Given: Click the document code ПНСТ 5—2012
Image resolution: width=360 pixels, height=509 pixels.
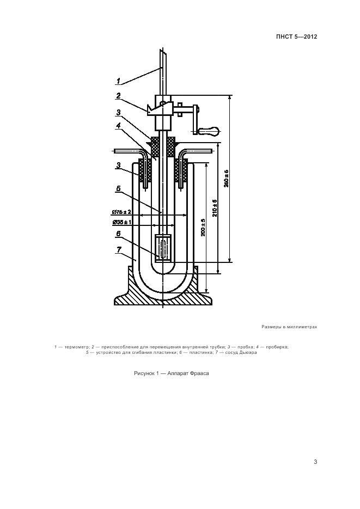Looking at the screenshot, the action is (296, 36).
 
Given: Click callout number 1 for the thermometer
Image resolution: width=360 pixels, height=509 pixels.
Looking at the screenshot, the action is (119, 81).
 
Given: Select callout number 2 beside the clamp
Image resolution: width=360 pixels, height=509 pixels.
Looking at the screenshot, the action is (119, 95).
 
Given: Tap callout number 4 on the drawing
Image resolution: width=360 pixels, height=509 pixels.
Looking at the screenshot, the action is (119, 125).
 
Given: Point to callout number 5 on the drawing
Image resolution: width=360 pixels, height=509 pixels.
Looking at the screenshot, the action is (119, 189).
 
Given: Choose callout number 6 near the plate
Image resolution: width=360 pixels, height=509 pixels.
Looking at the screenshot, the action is (119, 234).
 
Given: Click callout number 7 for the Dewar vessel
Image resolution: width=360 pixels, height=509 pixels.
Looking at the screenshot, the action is (119, 250).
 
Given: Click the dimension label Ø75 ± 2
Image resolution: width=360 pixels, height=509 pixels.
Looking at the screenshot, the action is (122, 212).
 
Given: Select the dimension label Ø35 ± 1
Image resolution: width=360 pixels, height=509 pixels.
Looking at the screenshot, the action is (122, 222).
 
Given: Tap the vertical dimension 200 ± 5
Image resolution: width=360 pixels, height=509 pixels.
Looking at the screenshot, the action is (203, 227).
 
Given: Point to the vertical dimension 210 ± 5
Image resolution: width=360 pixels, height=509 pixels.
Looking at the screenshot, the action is (215, 208).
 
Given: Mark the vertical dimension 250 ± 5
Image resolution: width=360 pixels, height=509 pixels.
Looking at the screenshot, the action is (226, 178).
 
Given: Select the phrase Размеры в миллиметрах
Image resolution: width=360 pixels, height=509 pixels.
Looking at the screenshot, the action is (289, 327).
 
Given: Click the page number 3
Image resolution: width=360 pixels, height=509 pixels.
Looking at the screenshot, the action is (315, 462).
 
